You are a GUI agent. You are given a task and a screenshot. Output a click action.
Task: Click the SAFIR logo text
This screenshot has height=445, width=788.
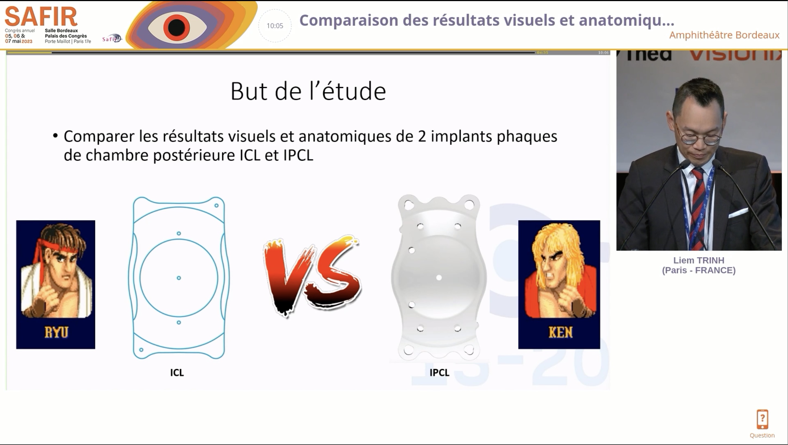click(x=41, y=17)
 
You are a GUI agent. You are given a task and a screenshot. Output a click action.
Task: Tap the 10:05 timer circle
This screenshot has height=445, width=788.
click(x=275, y=26)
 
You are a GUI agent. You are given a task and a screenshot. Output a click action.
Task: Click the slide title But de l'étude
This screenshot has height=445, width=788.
click(x=308, y=91)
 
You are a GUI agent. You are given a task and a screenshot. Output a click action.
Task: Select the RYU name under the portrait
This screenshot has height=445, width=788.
click(x=56, y=332)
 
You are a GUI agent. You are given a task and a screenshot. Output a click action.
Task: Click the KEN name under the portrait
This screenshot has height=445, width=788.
click(x=560, y=332)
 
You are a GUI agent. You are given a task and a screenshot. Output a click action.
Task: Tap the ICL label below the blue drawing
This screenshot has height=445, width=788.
click(x=177, y=373)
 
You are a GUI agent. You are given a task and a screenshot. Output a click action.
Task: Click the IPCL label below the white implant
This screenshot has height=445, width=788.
click(x=439, y=373)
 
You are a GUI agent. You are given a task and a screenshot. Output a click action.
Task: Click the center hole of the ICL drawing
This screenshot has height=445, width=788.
click(x=179, y=278)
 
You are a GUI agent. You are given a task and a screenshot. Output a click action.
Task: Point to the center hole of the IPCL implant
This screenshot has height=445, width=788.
click(x=439, y=278)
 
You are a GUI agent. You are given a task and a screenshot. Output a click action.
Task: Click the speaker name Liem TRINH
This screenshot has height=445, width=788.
click(x=699, y=260)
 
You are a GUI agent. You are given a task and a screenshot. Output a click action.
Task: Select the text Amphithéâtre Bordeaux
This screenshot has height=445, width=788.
click(x=724, y=35)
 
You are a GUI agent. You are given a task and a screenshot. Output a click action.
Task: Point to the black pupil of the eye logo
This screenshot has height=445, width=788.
click(x=176, y=27)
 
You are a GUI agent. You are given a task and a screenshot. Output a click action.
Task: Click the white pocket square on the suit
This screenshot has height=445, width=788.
click(x=738, y=212)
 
